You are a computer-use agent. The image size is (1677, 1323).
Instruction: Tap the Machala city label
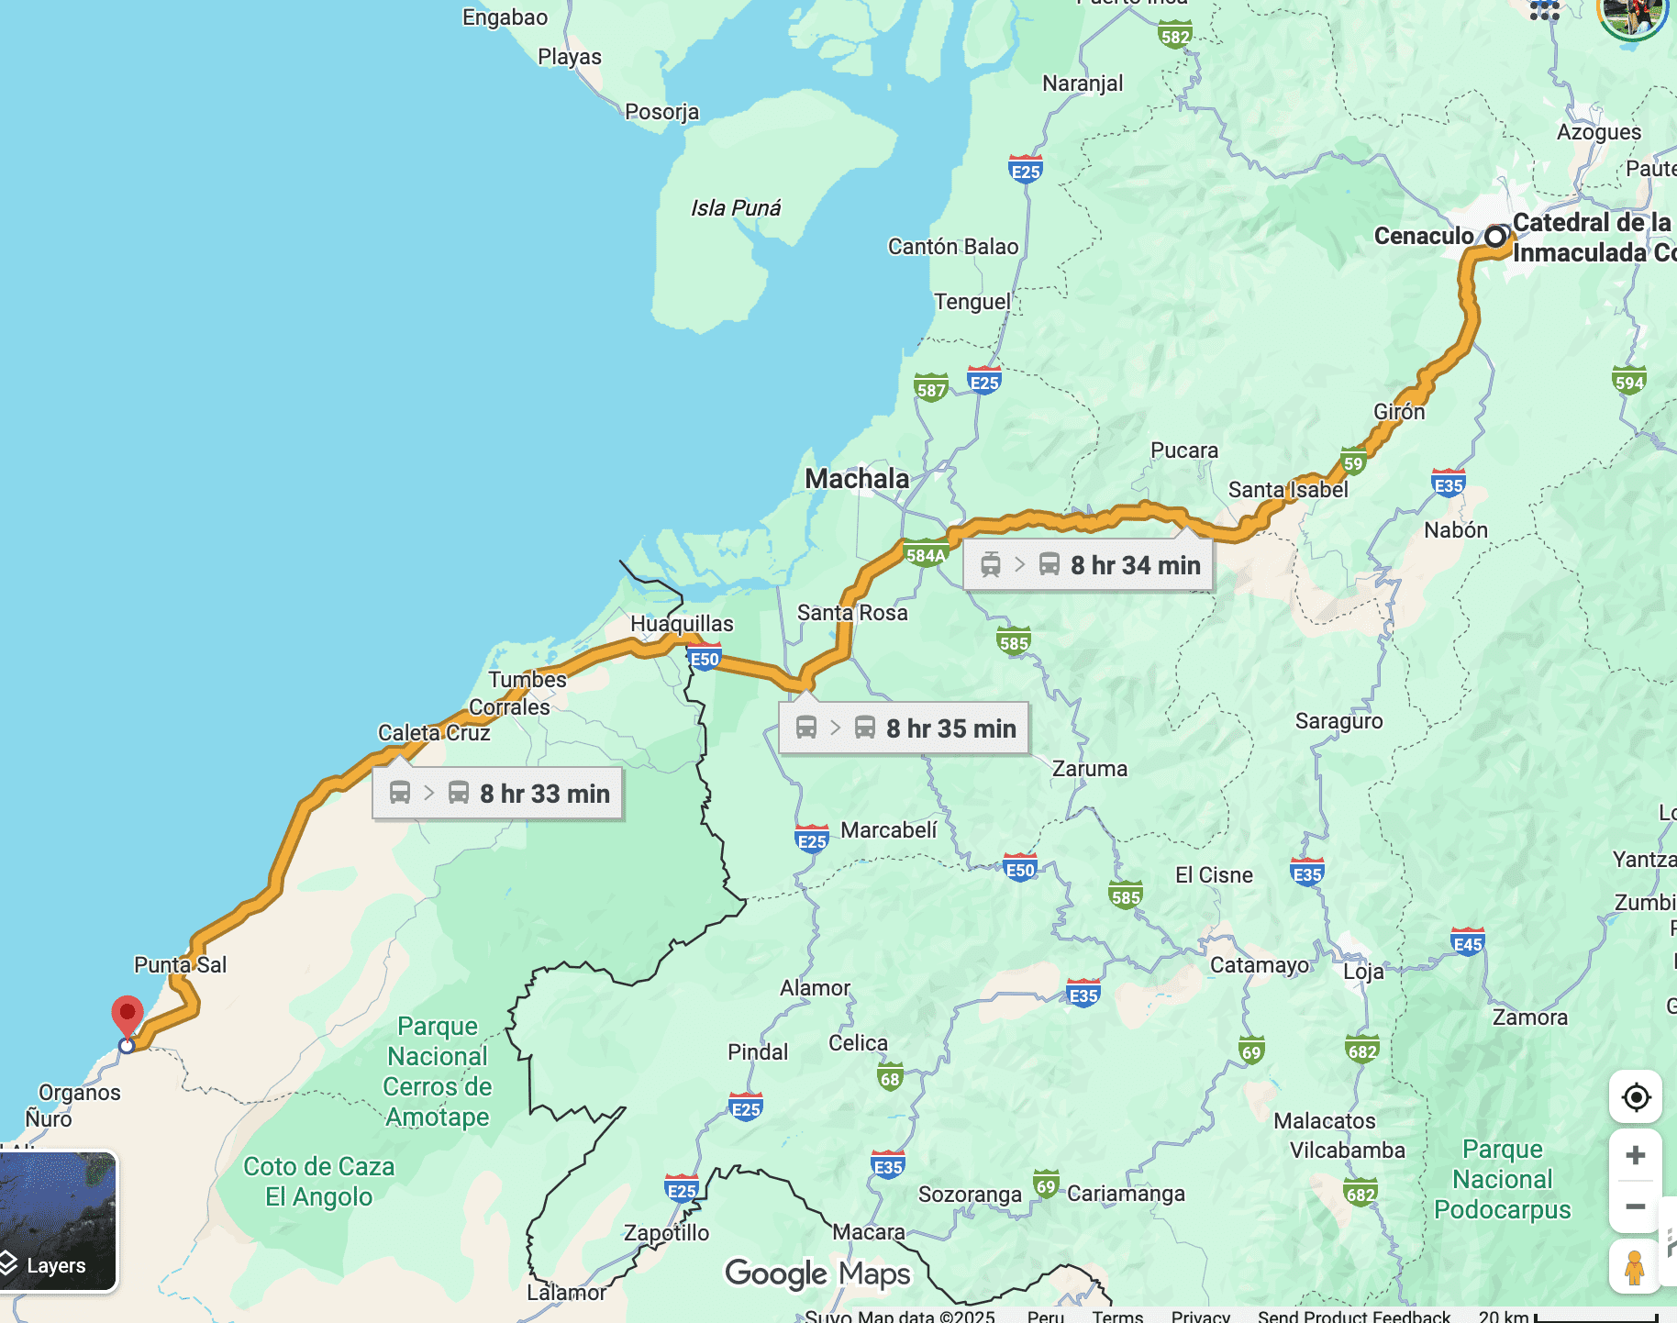click(x=857, y=478)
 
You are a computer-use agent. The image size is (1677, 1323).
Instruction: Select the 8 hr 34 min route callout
click(x=1089, y=565)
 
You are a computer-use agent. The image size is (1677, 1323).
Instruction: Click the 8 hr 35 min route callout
click(x=905, y=728)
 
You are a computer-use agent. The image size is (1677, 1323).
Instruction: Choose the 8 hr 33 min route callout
click(x=498, y=794)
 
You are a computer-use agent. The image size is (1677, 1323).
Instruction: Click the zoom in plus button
click(x=1635, y=1156)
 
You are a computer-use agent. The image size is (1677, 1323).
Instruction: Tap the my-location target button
click(x=1635, y=1097)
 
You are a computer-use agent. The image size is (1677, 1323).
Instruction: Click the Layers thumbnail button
click(x=57, y=1222)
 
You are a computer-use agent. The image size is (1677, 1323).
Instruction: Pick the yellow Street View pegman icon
click(x=1634, y=1267)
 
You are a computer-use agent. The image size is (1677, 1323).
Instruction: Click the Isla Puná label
click(x=736, y=208)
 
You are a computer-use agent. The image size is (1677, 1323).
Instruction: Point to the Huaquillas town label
click(x=682, y=624)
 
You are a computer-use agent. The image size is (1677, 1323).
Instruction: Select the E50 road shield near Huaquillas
click(x=705, y=659)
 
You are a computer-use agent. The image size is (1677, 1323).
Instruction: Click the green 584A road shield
click(x=925, y=555)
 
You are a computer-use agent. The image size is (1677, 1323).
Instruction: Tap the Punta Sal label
click(x=180, y=965)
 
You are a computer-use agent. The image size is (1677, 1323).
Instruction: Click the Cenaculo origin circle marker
click(x=1495, y=237)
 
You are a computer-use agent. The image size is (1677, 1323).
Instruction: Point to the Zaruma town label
click(x=1090, y=769)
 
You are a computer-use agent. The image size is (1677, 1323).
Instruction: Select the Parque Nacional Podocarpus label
click(x=1503, y=1179)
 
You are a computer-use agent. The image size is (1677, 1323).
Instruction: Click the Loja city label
click(x=1363, y=972)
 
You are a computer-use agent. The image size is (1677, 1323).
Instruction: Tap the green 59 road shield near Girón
click(x=1353, y=462)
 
